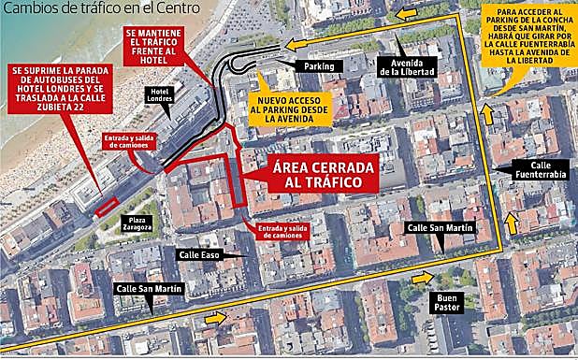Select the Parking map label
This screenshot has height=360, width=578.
coord(319,66)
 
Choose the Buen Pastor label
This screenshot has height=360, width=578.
coord(446,304)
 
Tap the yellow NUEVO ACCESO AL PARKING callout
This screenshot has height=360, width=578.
coord(290,108)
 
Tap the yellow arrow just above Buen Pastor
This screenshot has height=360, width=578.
coord(427,277)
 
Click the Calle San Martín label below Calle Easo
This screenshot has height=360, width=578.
coord(149,289)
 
